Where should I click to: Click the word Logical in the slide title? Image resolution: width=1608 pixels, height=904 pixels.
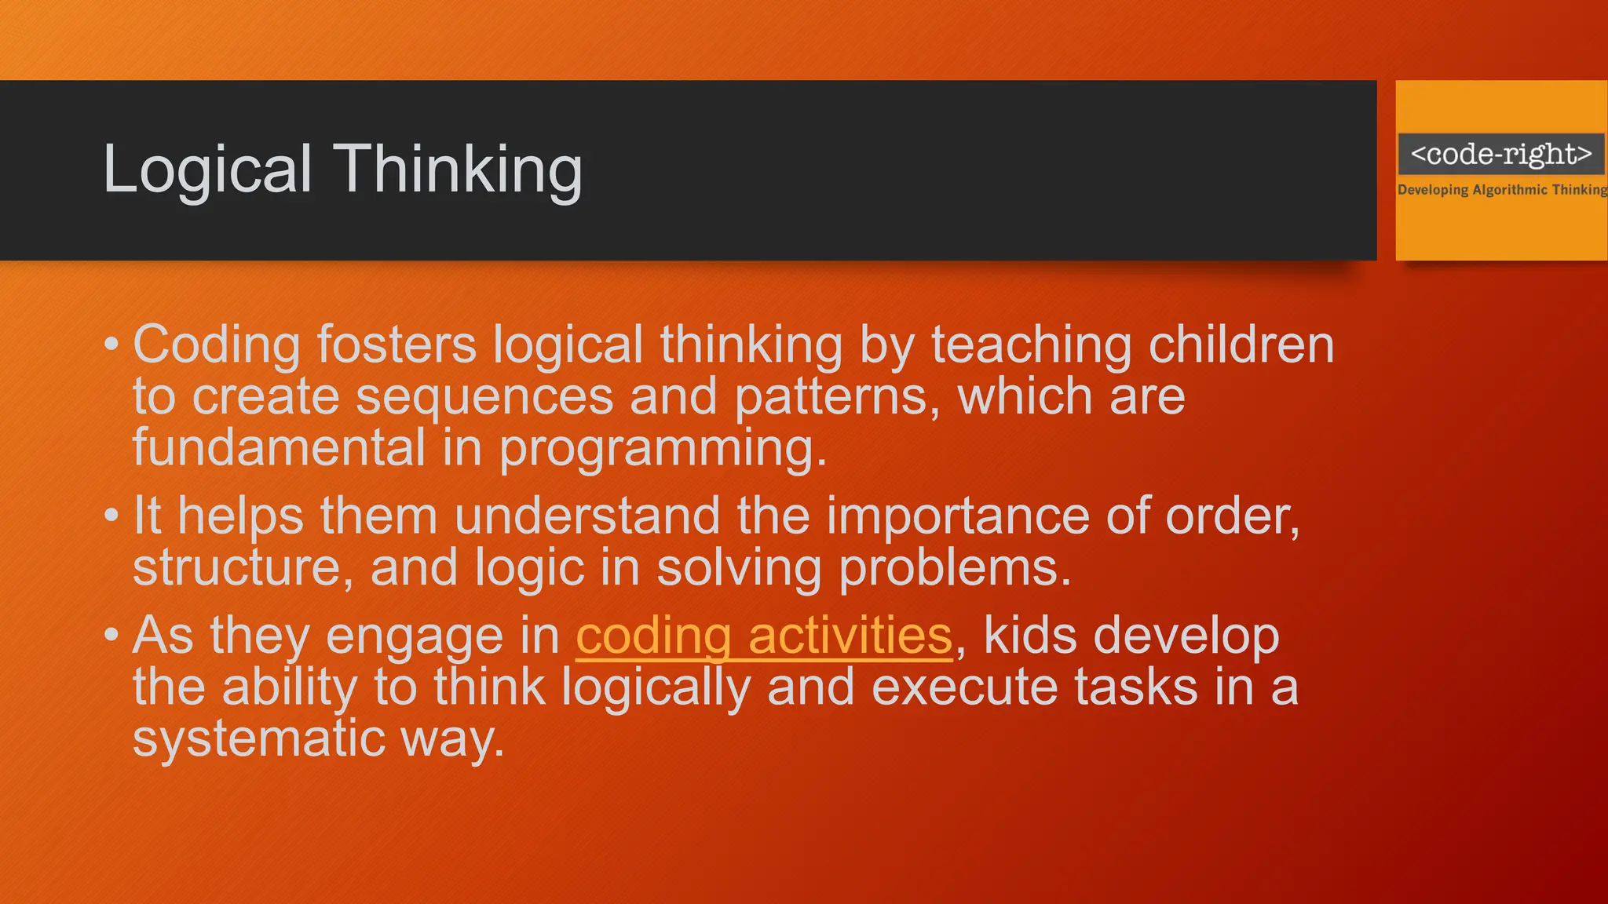point(208,169)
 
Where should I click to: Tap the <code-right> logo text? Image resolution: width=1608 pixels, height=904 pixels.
point(1500,154)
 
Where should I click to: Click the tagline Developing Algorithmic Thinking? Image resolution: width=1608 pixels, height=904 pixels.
point(1501,190)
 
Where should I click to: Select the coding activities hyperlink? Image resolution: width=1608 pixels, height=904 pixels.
point(763,635)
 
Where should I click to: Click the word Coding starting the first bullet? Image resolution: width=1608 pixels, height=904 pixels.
point(217,345)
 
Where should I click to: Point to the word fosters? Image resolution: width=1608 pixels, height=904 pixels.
point(397,345)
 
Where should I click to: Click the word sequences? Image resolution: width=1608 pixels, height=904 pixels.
point(484,396)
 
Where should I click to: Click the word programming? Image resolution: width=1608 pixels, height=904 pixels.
point(663,449)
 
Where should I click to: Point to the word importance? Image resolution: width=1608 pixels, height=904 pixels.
point(958,516)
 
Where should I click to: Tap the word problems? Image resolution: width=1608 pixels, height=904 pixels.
point(954,567)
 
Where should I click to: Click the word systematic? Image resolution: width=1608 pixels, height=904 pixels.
point(259,738)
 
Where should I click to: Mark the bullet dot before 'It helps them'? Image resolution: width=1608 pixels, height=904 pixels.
point(111,516)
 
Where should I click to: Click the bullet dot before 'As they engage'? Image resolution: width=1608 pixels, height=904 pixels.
point(111,634)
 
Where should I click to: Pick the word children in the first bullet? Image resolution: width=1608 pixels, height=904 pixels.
point(1241,345)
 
